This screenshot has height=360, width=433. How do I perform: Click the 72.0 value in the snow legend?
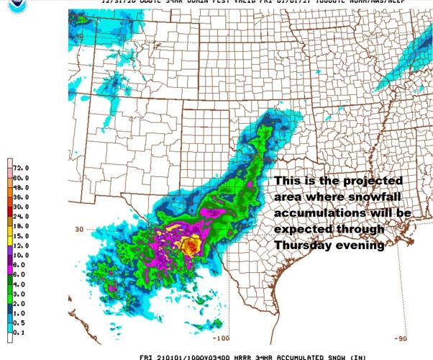[x=19, y=167]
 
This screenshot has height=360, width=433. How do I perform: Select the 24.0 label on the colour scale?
[x=19, y=216]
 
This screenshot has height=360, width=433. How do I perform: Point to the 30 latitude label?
[x=80, y=229]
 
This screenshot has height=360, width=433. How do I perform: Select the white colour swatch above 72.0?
[x=8, y=160]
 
